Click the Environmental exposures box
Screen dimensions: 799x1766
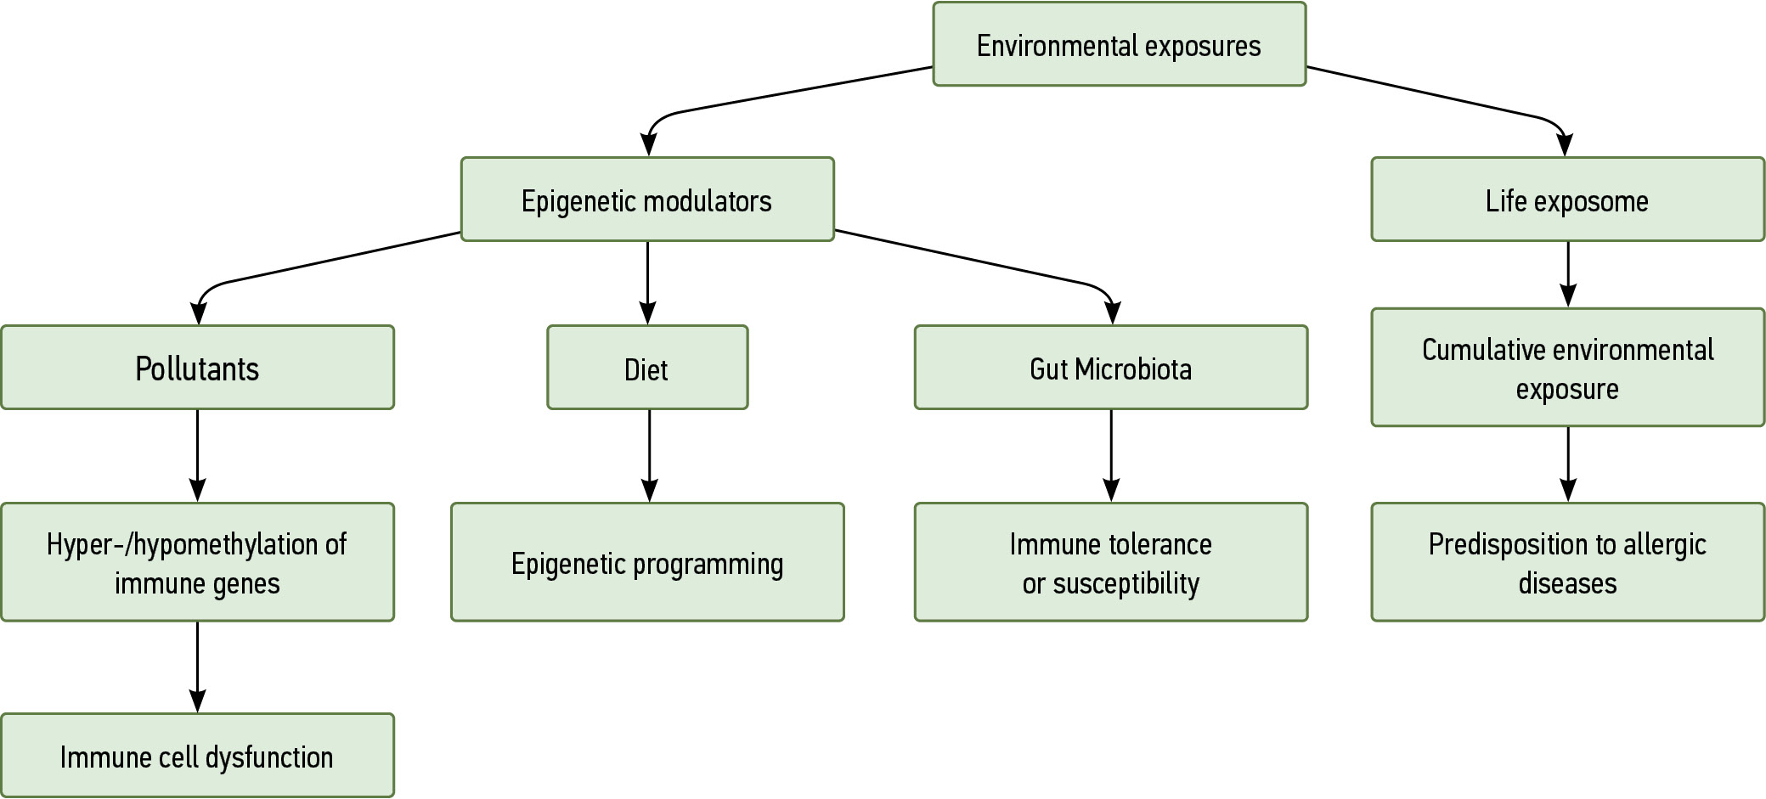coord(1119,44)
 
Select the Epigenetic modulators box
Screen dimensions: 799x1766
coord(646,200)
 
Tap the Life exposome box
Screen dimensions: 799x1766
coord(1567,200)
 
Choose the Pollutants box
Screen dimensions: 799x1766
coord(197,368)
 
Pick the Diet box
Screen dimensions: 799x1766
coord(646,368)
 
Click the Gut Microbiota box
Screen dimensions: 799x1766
coord(1110,368)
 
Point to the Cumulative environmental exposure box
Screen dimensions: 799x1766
coord(1567,368)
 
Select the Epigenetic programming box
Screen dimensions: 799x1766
coord(646,562)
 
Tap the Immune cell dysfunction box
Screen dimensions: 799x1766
coord(197,756)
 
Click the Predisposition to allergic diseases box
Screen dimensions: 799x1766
coord(1567,562)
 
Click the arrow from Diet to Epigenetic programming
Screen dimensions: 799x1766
coord(649,456)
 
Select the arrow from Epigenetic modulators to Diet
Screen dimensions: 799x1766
coord(647,283)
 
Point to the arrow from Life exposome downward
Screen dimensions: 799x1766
coord(1568,274)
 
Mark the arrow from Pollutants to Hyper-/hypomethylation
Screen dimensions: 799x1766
coord(197,456)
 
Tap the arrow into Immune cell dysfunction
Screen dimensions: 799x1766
coord(197,667)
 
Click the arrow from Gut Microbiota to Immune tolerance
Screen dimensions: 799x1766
coord(1111,456)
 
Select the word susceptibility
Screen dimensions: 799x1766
coord(1126,584)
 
